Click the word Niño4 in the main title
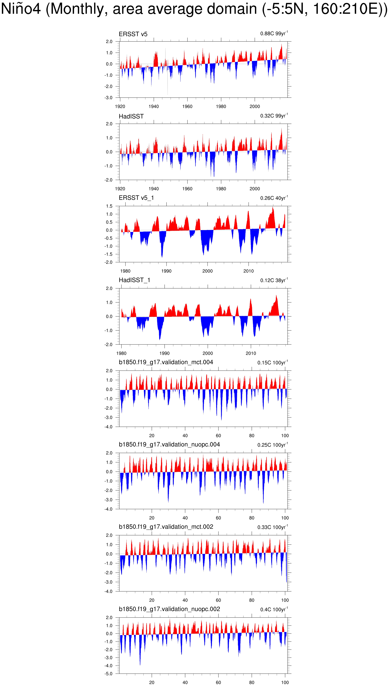tap(21, 9)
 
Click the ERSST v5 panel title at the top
tap(133, 34)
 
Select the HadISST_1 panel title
tap(134, 280)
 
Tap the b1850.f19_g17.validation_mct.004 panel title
tap(166, 362)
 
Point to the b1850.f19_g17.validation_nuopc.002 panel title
tap(169, 609)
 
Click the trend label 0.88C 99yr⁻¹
tap(274, 33)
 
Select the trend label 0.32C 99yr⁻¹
tap(274, 116)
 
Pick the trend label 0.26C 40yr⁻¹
tap(274, 198)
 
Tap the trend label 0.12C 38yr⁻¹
tap(274, 280)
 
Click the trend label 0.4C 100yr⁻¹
tap(274, 610)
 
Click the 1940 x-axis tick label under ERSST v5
tap(154, 106)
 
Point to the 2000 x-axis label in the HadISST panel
tap(255, 189)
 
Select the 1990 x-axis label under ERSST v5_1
tap(166, 271)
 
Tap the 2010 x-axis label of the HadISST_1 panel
tap(251, 353)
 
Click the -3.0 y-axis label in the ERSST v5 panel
tap(109, 98)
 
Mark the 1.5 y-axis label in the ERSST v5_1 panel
tap(109, 206)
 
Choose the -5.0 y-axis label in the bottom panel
tap(109, 674)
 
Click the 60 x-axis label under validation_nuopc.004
tap(218, 518)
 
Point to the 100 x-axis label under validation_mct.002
tap(285, 600)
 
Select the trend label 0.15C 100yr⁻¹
tap(273, 363)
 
